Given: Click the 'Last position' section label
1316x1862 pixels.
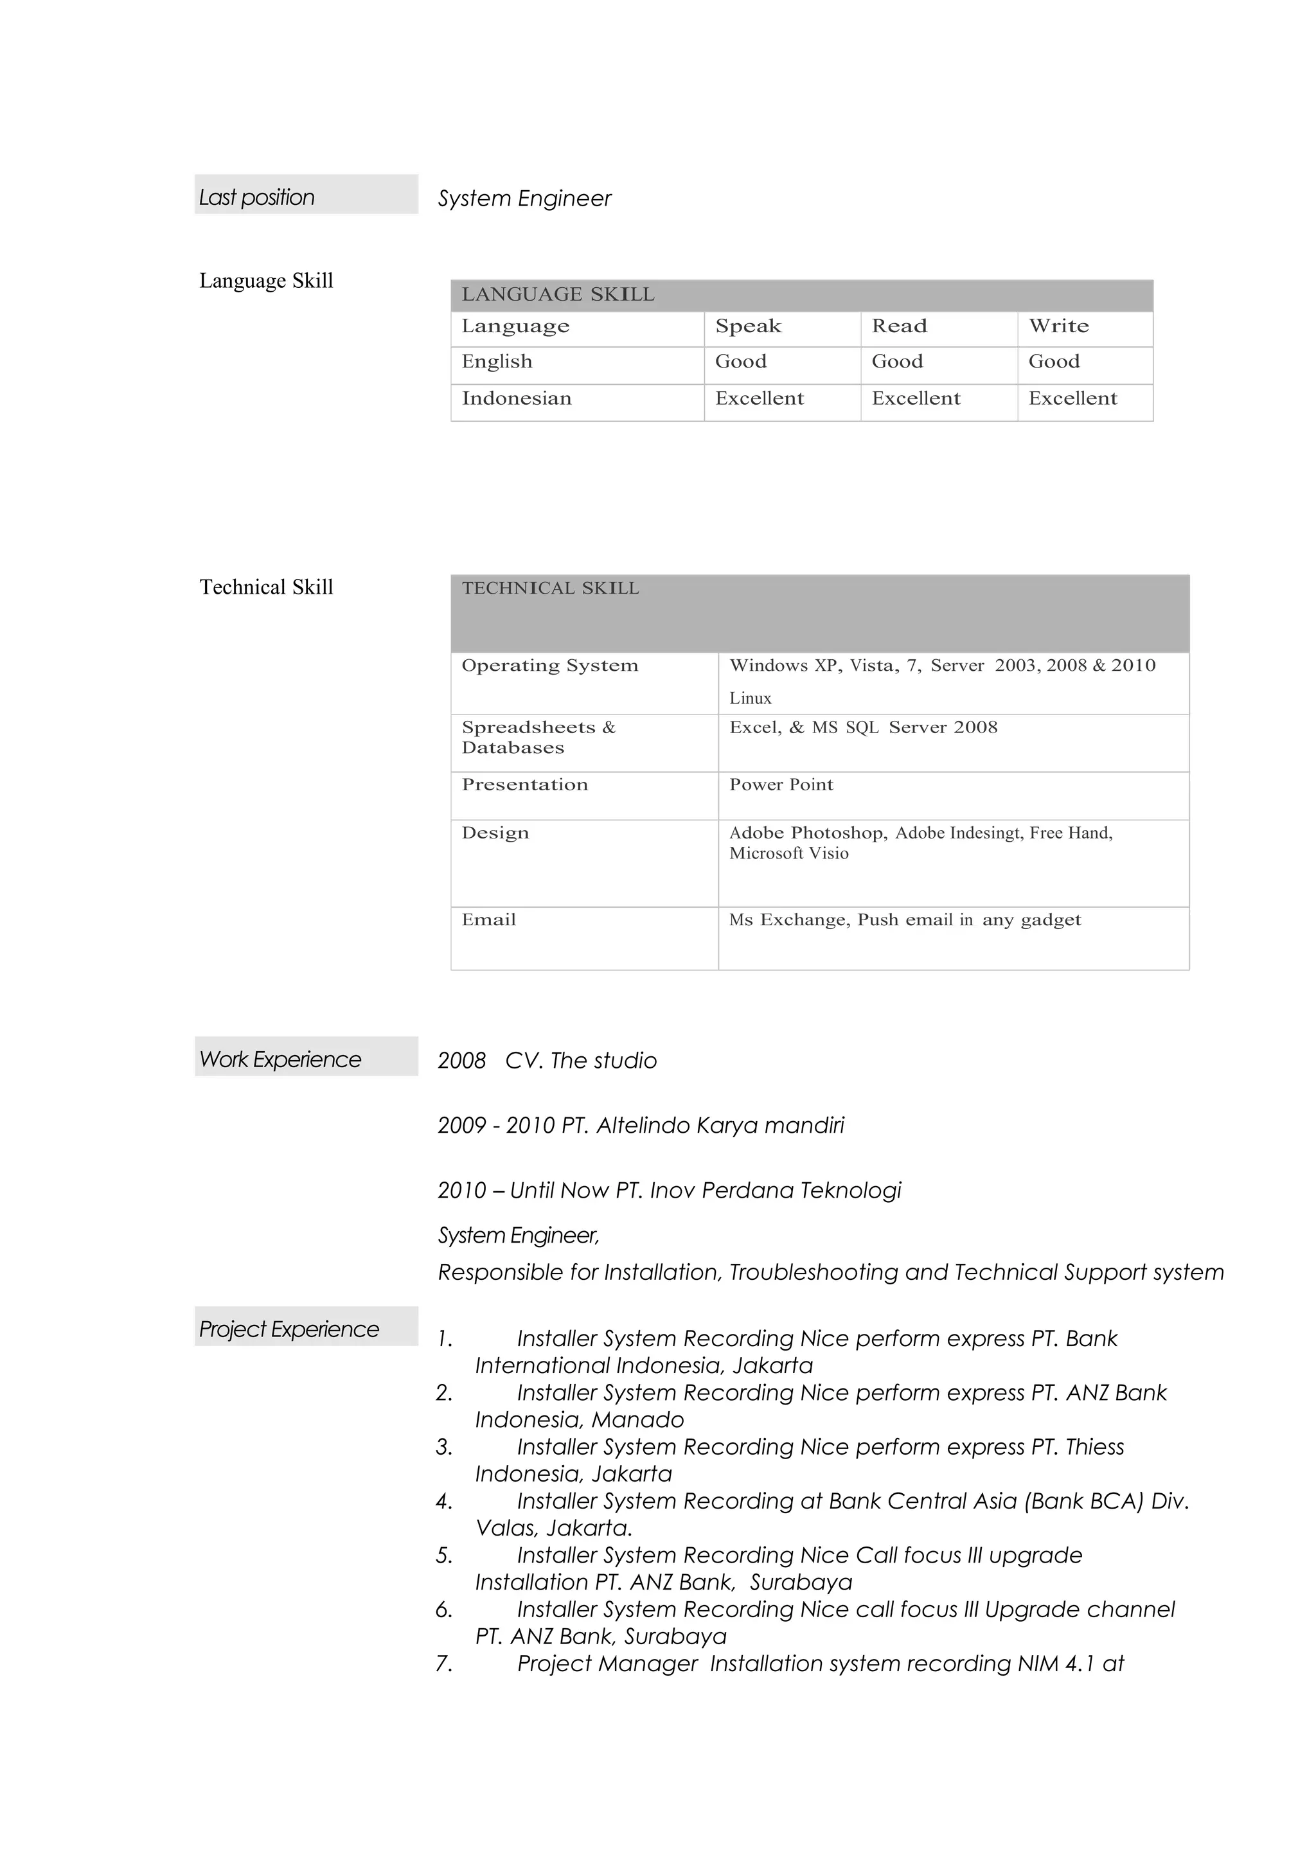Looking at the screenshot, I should (x=257, y=197).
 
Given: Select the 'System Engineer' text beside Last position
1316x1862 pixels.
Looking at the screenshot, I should (x=524, y=199).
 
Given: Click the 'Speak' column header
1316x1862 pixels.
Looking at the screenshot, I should (x=747, y=326).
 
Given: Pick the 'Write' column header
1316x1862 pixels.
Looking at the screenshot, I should (x=1058, y=326).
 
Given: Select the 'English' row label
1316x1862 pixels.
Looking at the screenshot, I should (x=497, y=362).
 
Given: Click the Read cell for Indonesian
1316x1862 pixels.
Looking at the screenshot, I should (x=916, y=398).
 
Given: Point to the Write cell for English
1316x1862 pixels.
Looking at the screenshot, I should (x=1053, y=362).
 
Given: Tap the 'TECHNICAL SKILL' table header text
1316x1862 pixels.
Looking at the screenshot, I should (x=550, y=588).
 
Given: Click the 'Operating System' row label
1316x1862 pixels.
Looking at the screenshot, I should (x=550, y=666).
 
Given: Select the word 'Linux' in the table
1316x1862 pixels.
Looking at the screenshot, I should (x=750, y=698).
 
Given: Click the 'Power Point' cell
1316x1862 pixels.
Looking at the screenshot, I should (x=781, y=785).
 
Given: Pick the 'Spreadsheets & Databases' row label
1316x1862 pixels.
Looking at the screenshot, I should (x=538, y=737).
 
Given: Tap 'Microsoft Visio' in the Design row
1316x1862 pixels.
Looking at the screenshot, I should (x=788, y=854).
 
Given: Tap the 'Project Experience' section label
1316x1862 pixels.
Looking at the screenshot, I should (x=289, y=1329).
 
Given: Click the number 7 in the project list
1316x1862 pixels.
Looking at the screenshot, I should (x=443, y=1664).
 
